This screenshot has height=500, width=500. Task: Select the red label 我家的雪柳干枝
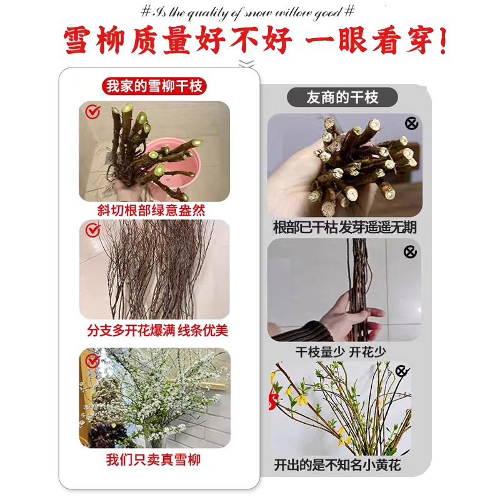coord(154,86)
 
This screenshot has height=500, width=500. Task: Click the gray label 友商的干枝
coord(342,97)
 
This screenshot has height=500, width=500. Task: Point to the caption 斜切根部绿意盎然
coord(154,210)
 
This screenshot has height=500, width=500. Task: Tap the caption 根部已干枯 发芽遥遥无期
coord(344,227)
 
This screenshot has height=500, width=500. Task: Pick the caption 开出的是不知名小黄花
coord(337,465)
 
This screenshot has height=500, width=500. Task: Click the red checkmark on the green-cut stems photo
coord(92,112)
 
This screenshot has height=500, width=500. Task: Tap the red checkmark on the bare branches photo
coord(92,231)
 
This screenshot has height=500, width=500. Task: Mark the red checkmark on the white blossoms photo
coord(92,361)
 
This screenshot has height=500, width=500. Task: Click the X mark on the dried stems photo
coord(411,124)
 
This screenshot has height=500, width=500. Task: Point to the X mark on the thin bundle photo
coord(410,252)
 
